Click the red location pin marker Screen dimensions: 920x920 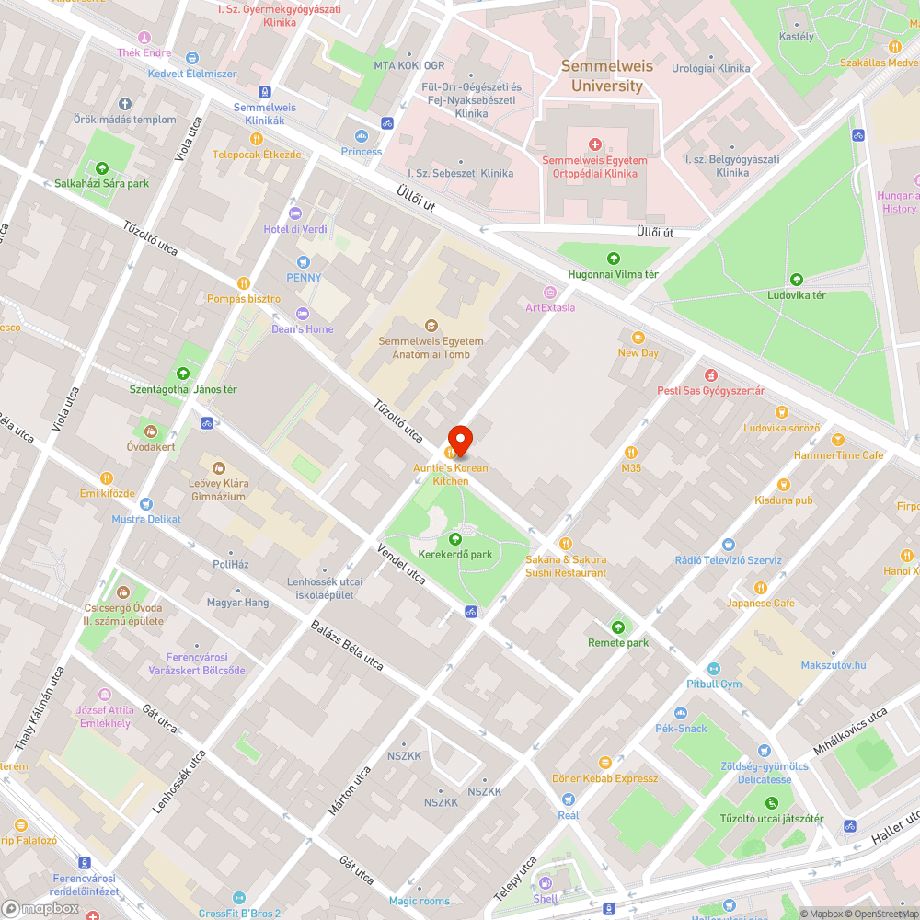[459, 441]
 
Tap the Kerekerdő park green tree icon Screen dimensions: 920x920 [454, 539]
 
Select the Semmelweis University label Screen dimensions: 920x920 [606, 76]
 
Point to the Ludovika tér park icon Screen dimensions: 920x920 [797, 280]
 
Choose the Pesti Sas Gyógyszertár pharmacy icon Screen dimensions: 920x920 [710, 375]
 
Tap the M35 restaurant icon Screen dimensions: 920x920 [630, 452]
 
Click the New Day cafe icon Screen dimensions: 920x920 [638, 338]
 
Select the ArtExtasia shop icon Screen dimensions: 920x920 [550, 292]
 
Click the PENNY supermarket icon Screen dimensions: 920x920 [304, 262]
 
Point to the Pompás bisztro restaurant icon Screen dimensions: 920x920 [244, 283]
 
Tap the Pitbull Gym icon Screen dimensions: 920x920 [714, 669]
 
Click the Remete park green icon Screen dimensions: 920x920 [618, 627]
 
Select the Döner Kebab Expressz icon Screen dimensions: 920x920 [604, 762]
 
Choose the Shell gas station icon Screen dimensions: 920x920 [545, 883]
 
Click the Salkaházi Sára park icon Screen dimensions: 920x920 [101, 167]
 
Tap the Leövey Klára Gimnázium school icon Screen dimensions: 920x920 [218, 467]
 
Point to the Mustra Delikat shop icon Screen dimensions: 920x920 [145, 504]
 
